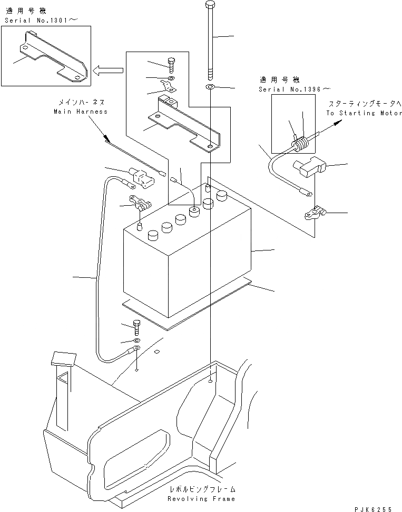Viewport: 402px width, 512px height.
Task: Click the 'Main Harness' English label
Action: click(x=80, y=112)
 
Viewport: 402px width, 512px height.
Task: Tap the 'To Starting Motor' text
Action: click(x=364, y=113)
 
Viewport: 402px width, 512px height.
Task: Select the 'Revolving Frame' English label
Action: click(x=201, y=498)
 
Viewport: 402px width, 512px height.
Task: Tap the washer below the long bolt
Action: click(x=210, y=87)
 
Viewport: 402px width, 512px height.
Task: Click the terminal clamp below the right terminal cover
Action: click(x=315, y=213)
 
